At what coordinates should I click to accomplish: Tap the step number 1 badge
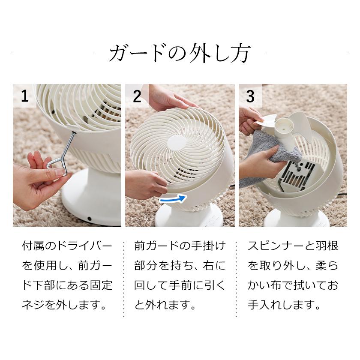coord(25,96)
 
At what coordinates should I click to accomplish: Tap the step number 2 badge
coord(137,96)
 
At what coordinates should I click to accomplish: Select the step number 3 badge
coord(250,96)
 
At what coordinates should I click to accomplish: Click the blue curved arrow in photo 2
coord(173,199)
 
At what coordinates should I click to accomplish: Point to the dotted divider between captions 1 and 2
coord(123,279)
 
